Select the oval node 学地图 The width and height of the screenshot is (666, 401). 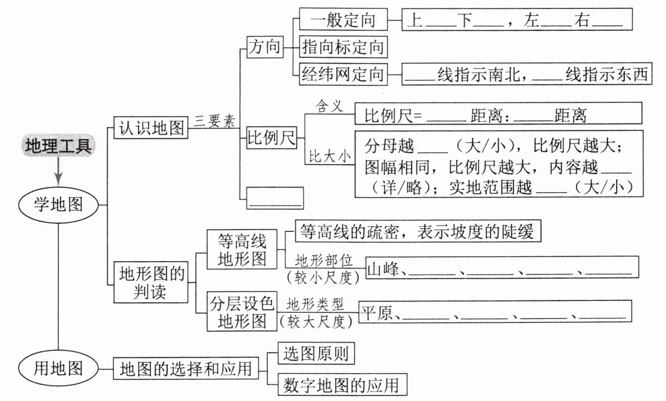click(x=59, y=204)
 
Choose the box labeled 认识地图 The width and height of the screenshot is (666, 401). click(x=150, y=129)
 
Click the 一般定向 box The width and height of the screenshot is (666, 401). click(x=343, y=20)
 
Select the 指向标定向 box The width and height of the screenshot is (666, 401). click(x=343, y=47)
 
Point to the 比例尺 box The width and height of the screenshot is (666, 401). click(x=272, y=139)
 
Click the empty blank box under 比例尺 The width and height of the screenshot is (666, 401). click(x=275, y=198)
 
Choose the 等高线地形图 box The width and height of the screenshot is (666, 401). click(x=242, y=250)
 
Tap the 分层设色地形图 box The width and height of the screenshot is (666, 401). click(x=242, y=312)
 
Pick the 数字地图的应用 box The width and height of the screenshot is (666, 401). click(x=341, y=385)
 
